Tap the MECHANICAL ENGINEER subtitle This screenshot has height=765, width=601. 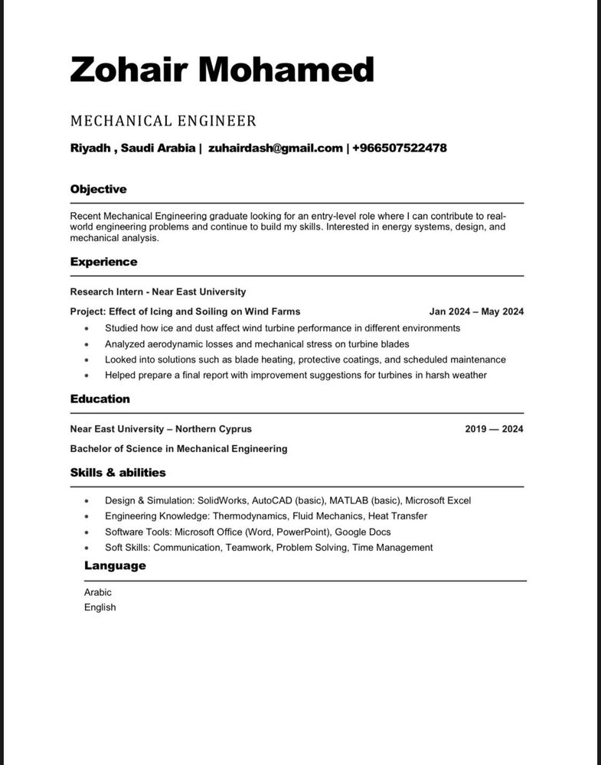pos(163,121)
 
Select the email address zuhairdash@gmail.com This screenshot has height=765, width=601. pos(276,148)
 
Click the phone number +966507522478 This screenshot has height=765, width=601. pos(399,148)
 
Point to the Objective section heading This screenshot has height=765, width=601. pos(98,189)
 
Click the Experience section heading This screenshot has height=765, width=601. pos(103,262)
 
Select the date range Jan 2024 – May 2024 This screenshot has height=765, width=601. pos(476,311)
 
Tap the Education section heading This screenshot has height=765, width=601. pos(100,399)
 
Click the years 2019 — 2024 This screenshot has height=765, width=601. pos(494,429)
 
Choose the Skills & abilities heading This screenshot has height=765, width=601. pos(118,473)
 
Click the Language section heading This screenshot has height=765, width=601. pos(115,566)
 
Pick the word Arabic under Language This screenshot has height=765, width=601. pos(98,592)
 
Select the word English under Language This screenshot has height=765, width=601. pos(100,607)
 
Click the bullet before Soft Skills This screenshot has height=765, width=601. pos(87,548)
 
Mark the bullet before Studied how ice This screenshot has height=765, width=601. pos(87,328)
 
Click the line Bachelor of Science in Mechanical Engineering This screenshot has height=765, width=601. pos(178,448)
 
